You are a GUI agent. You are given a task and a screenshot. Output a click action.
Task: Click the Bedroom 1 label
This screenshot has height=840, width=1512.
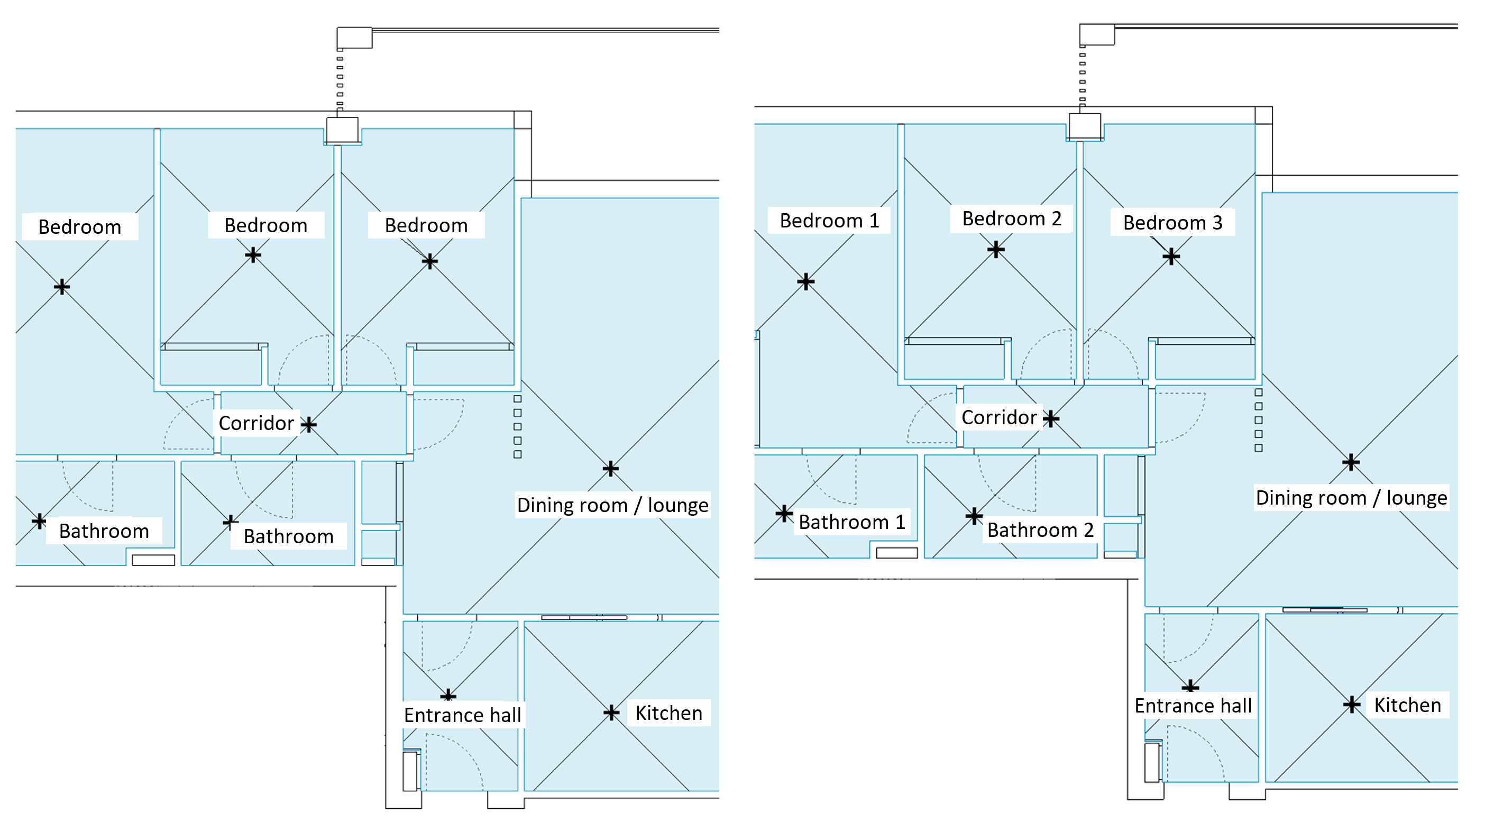829,220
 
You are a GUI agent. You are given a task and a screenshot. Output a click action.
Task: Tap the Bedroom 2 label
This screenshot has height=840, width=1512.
1011,218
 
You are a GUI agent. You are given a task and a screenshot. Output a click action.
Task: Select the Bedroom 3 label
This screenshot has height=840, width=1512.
1172,223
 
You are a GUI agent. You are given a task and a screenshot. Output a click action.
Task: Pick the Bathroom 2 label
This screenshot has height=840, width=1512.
1040,529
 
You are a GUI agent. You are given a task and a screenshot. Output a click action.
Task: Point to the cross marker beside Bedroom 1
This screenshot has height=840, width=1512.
805,281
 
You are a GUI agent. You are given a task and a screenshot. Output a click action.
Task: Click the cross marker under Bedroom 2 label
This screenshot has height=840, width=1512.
995,250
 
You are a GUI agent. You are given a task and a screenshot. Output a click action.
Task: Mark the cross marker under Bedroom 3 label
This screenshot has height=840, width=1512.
1171,256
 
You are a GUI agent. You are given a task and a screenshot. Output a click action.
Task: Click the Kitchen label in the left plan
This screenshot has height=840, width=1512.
668,713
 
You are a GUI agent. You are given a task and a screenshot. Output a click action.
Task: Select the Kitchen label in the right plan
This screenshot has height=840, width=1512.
1407,705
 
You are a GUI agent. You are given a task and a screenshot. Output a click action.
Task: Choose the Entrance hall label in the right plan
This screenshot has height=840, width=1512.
1193,705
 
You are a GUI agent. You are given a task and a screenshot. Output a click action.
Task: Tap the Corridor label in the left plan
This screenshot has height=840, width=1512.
256,423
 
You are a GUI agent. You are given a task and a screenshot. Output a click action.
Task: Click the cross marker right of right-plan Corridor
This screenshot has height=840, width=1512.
1051,418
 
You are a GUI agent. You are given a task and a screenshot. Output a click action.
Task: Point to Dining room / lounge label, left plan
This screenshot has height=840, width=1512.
612,505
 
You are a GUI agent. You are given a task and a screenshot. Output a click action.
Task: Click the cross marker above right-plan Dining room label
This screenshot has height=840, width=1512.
1351,462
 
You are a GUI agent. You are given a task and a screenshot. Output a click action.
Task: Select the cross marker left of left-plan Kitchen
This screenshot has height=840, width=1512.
611,712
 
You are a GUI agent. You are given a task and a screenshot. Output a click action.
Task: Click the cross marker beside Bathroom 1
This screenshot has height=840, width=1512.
784,514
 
